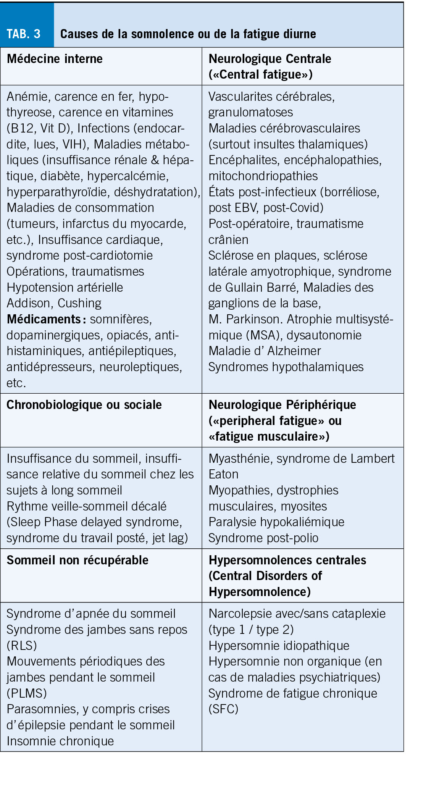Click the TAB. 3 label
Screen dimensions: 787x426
(x=24, y=34)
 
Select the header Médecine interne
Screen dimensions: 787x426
(x=55, y=59)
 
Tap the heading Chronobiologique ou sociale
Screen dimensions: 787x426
(x=84, y=405)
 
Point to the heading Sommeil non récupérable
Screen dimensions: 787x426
(x=77, y=560)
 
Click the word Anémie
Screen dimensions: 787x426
(x=28, y=96)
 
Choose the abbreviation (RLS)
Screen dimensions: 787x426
(x=22, y=645)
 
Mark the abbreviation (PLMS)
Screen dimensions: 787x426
(x=27, y=693)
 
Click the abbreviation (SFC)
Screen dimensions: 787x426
(x=223, y=709)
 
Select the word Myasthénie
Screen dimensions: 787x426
(x=240, y=458)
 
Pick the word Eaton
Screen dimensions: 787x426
(x=223, y=474)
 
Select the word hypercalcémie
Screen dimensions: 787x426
(x=128, y=176)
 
